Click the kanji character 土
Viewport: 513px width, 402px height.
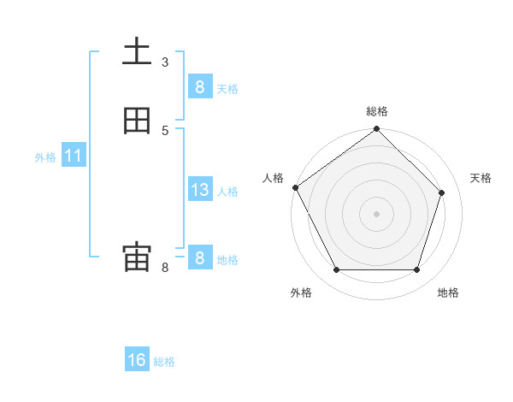pyautogui.click(x=137, y=52)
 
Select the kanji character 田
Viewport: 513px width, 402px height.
pyautogui.click(x=137, y=121)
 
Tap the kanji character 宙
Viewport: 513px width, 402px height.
pyautogui.click(x=137, y=257)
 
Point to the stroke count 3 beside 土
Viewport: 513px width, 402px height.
pyautogui.click(x=165, y=62)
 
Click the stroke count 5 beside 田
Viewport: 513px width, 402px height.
pyautogui.click(x=165, y=130)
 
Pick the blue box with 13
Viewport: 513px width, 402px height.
pyautogui.click(x=199, y=190)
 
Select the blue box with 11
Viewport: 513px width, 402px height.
pyautogui.click(x=73, y=157)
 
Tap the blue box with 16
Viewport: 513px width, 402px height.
pyautogui.click(x=137, y=360)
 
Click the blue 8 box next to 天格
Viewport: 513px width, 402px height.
pyautogui.click(x=199, y=87)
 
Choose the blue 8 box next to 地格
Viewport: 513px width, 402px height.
pyautogui.click(x=199, y=257)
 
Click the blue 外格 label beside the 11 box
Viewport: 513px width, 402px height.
pyautogui.click(x=45, y=157)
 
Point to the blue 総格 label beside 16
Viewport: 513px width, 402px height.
pyautogui.click(x=164, y=362)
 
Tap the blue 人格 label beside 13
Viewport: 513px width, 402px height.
pyautogui.click(x=227, y=192)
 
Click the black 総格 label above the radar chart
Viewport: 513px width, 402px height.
pyautogui.click(x=376, y=111)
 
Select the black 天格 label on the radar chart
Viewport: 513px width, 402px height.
pyautogui.click(x=481, y=178)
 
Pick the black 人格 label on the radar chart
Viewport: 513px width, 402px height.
pyautogui.click(x=273, y=178)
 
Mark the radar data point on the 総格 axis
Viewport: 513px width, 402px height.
pyautogui.click(x=376, y=130)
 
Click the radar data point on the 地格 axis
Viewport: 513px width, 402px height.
pyautogui.click(x=416, y=270)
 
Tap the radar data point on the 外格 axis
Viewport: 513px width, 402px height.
pyautogui.click(x=336, y=270)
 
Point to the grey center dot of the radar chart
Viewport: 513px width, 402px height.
pyautogui.click(x=376, y=214)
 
